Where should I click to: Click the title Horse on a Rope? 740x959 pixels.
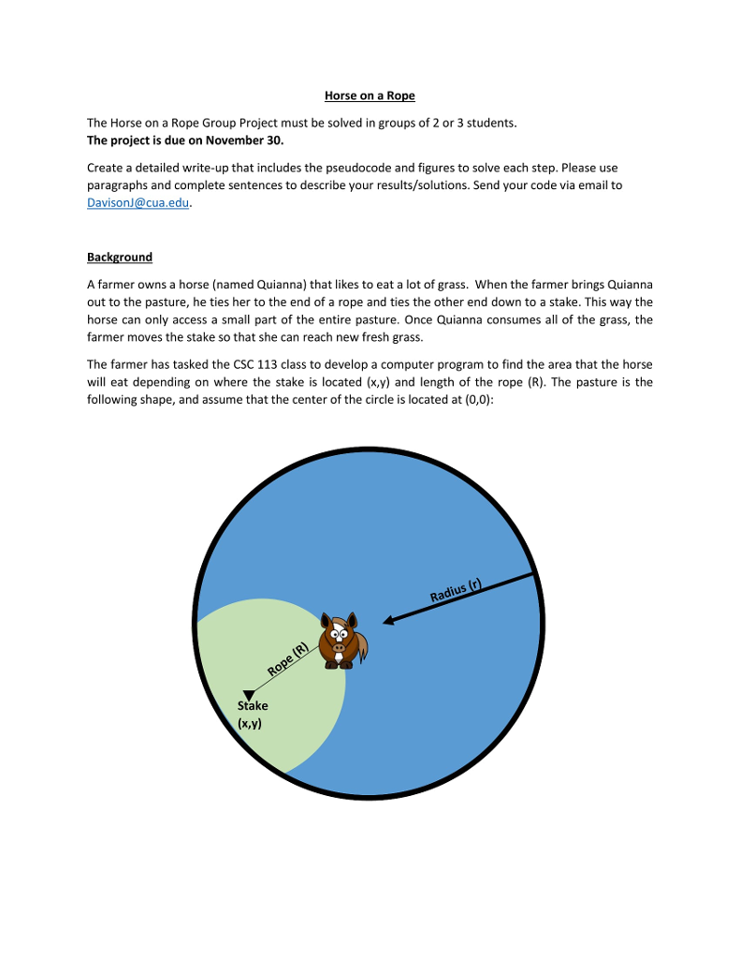(370, 96)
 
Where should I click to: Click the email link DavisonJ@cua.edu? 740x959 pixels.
(138, 203)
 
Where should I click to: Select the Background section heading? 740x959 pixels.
(119, 257)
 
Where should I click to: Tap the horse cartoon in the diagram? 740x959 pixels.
(341, 641)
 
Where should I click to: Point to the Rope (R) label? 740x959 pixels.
(288, 659)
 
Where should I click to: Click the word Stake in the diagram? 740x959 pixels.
(253, 706)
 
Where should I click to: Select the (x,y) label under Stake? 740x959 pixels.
(250, 723)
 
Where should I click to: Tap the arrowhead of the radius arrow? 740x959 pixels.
(389, 619)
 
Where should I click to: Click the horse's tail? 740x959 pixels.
(360, 646)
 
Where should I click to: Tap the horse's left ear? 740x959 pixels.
(326, 621)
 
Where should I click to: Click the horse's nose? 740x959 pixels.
(338, 646)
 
